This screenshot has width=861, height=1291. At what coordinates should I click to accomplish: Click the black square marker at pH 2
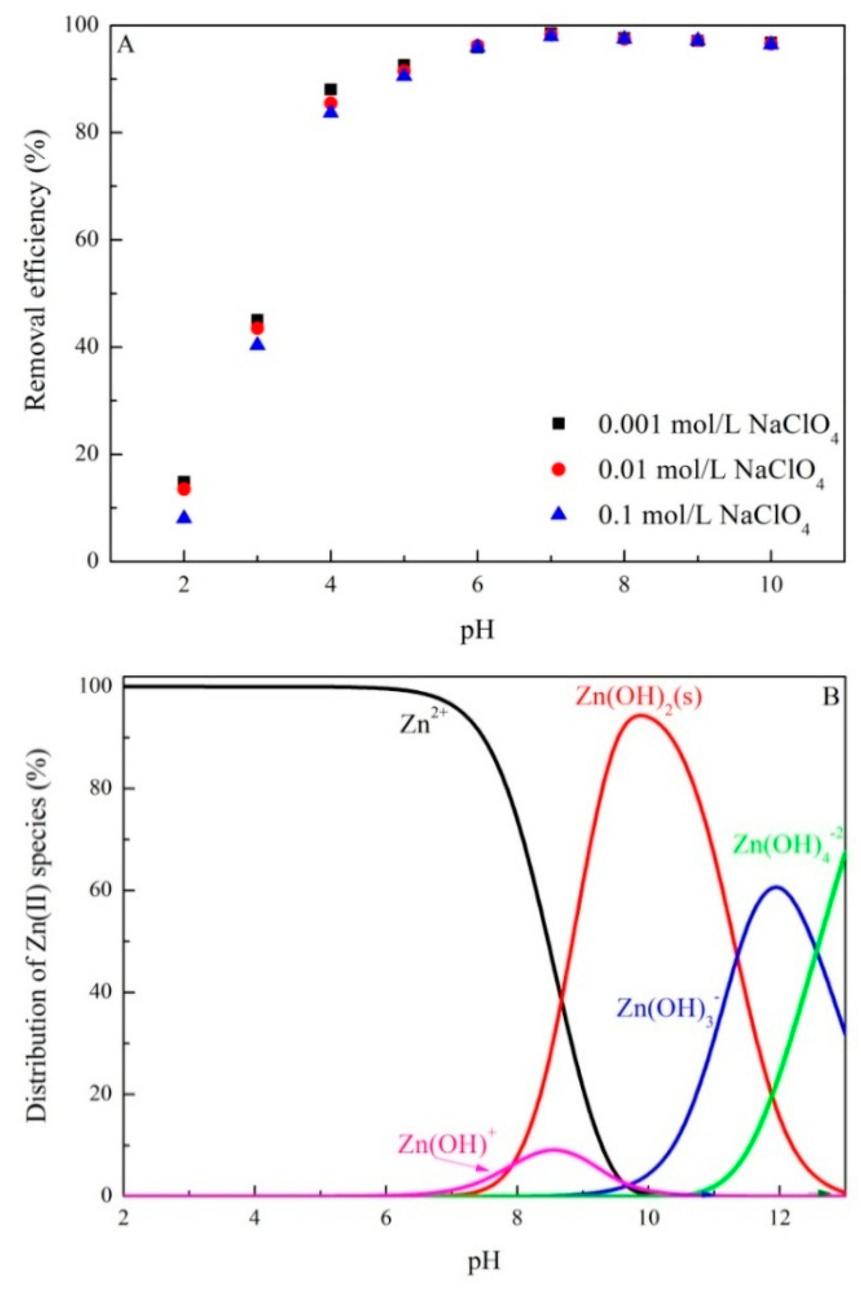click(184, 481)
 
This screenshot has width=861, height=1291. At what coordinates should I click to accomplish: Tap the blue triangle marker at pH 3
click(258, 345)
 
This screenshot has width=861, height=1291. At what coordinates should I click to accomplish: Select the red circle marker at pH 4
click(330, 103)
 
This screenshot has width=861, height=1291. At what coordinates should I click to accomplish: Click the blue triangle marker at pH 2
click(184, 517)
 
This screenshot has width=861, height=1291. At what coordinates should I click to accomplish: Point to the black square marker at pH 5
click(404, 64)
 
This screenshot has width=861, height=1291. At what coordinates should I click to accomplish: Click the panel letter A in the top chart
click(126, 46)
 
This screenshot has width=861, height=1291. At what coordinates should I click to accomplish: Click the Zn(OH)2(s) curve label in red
click(638, 699)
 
